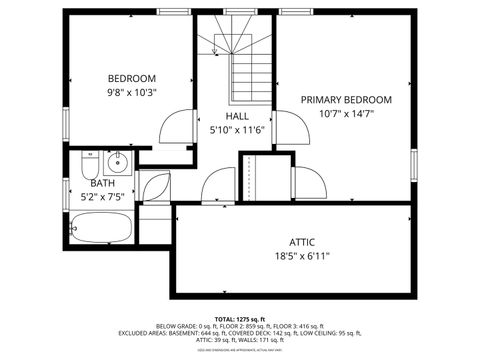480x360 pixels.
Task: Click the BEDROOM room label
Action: point(132,78)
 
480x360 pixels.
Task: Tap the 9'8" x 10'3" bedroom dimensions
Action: point(132,92)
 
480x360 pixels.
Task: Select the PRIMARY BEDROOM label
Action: point(347,100)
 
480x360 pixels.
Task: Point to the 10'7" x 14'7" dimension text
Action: point(347,114)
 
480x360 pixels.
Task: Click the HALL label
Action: point(237,116)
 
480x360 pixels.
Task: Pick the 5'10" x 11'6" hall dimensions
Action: point(237,130)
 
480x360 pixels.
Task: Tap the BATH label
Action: point(102,183)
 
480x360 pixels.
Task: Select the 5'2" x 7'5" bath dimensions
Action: point(102,197)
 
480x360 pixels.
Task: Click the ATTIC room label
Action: point(302,242)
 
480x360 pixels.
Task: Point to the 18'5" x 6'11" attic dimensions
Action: point(302,256)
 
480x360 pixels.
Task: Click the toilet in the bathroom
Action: point(88,163)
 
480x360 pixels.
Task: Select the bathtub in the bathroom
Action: point(102,230)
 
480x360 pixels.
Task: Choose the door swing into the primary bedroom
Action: point(291,128)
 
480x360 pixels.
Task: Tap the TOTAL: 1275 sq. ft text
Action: point(239,317)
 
